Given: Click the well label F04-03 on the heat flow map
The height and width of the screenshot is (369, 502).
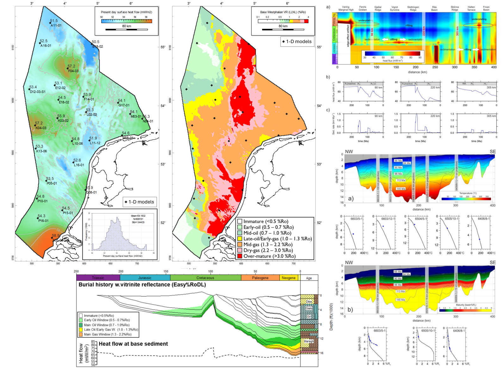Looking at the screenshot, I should [x=73, y=71].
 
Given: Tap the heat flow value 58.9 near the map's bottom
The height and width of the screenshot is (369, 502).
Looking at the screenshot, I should [x=56, y=236].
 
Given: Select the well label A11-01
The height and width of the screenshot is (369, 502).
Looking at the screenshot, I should [x=56, y=25].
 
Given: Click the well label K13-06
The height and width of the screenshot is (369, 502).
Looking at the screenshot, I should [x=41, y=151].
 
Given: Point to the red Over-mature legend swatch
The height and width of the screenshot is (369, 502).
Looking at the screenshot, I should [x=240, y=256].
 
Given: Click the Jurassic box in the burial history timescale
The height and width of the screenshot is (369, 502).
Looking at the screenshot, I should [x=145, y=278].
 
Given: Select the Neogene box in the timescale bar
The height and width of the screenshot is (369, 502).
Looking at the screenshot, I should [x=288, y=278].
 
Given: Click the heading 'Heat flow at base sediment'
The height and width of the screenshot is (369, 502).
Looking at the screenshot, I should [x=133, y=344].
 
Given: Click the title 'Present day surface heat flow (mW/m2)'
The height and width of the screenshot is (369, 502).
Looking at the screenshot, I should [x=127, y=12].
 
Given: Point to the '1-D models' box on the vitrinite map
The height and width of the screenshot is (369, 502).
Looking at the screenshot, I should [x=297, y=41].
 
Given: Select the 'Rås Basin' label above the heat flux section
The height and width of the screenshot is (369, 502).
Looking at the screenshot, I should [x=434, y=8].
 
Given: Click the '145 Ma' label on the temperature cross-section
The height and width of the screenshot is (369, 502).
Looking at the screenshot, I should [x=401, y=189].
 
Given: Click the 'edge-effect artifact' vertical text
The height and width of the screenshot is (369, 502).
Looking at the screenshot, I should [x=348, y=35].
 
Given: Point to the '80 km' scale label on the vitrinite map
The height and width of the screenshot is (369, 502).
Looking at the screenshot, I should [x=283, y=26].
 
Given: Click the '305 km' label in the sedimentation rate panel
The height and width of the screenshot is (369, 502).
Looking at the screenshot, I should [x=491, y=116].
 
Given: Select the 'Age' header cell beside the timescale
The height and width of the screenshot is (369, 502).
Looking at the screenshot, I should [x=309, y=278].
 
